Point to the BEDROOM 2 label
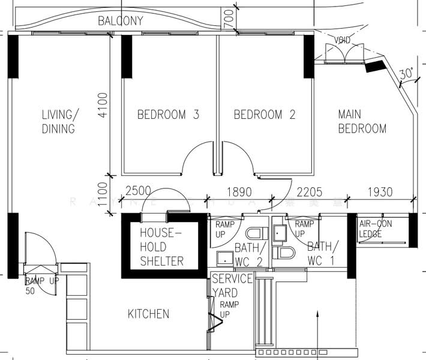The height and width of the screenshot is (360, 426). [265, 115]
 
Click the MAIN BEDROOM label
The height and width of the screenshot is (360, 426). [362, 121]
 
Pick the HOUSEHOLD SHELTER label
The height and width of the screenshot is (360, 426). [161, 247]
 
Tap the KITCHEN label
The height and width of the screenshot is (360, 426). [148, 314]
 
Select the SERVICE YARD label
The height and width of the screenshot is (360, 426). [232, 286]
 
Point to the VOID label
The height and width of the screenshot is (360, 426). [343, 40]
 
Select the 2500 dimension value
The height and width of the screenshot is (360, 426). [138, 192]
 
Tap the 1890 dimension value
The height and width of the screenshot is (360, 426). [238, 192]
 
